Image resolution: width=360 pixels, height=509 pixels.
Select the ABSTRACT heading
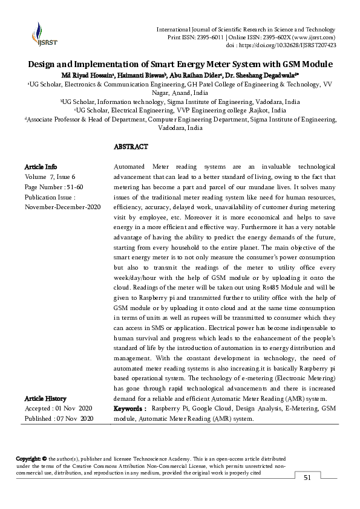click(131, 147)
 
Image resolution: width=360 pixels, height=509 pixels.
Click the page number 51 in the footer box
click(307, 478)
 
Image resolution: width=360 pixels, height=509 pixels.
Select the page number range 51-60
click(80, 187)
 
